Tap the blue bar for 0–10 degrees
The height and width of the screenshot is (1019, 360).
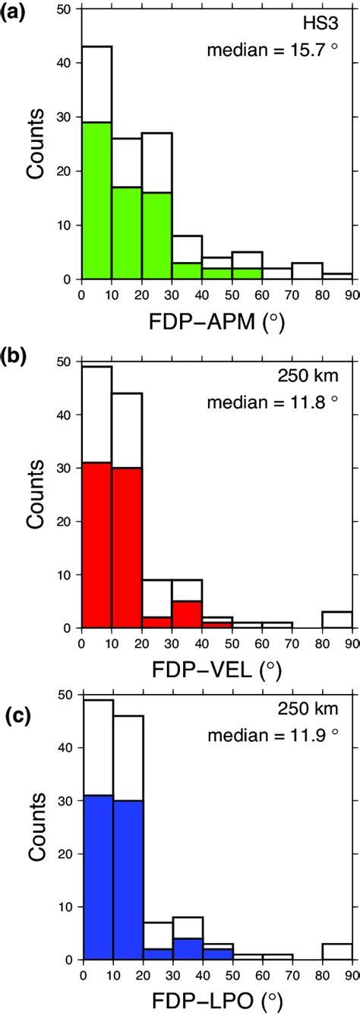96,878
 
